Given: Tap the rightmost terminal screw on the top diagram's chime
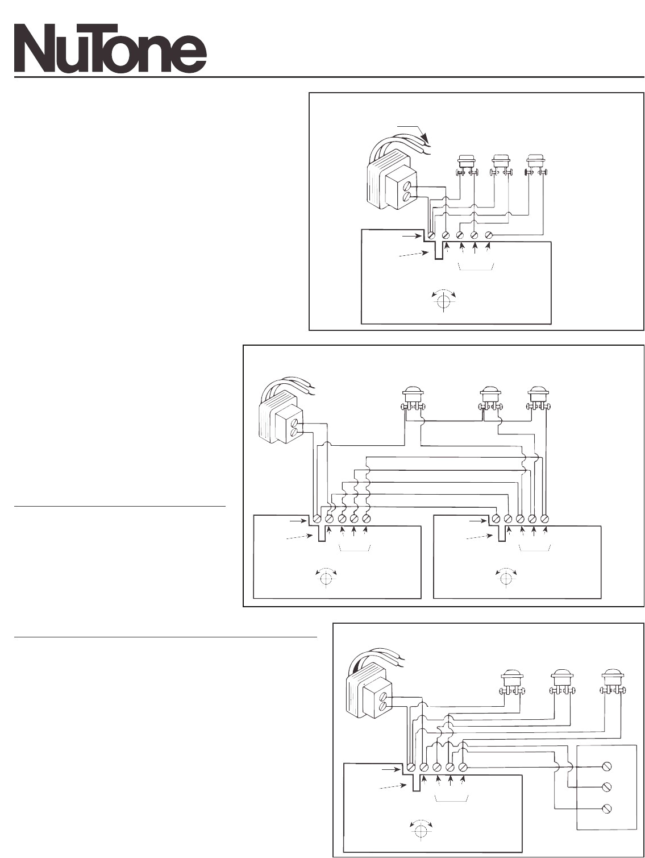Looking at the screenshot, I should tap(488, 234).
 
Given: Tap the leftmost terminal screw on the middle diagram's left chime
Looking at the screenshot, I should tap(317, 519).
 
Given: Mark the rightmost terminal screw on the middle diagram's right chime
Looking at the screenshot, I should tap(545, 519).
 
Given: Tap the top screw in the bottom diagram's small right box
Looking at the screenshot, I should tap(607, 766).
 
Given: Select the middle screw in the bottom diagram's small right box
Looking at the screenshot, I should tap(607, 787).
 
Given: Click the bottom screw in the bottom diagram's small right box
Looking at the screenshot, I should tap(607, 808).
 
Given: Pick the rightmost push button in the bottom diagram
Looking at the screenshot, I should tap(613, 683).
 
